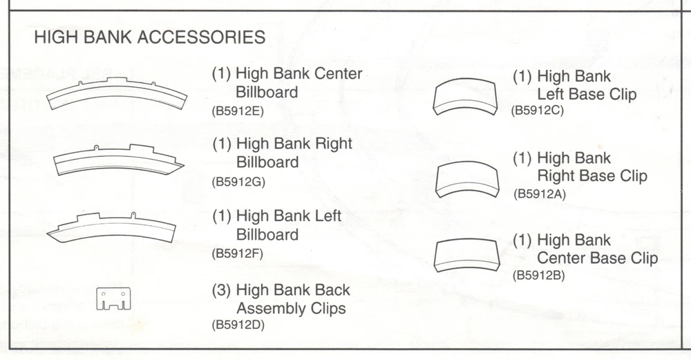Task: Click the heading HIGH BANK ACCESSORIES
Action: pyautogui.click(x=149, y=37)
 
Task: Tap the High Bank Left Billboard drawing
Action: pyautogui.click(x=111, y=227)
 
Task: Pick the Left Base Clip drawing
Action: pyautogui.click(x=467, y=97)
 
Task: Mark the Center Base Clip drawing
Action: pyautogui.click(x=467, y=254)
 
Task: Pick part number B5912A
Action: pyautogui.click(x=540, y=193)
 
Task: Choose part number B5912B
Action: pyautogui.click(x=539, y=275)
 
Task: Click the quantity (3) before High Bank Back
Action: pyautogui.click(x=221, y=290)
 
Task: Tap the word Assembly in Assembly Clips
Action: pyautogui.click(x=270, y=308)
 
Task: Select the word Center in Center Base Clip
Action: pyautogui.click(x=561, y=258)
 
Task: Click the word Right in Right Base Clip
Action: pyautogui.click(x=556, y=176)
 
